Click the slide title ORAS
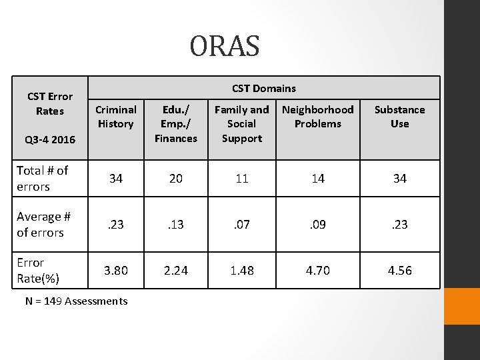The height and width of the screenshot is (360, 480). [225, 47]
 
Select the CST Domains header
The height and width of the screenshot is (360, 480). [264, 88]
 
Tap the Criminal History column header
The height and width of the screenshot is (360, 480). [116, 117]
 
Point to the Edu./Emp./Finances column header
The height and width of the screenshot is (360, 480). [176, 124]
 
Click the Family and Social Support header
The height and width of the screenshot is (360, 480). [241, 124]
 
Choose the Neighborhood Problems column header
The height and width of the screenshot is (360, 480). [317, 117]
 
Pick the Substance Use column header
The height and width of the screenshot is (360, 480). [399, 117]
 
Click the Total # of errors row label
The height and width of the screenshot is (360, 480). [43, 179]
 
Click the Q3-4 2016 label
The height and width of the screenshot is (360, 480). [49, 141]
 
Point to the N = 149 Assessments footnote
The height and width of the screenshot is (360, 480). [76, 301]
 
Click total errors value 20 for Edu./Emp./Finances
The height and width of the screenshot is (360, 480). [176, 179]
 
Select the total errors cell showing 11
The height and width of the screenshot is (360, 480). [241, 179]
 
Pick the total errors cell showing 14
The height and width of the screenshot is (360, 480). [317, 179]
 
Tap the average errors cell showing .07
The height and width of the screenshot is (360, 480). [241, 225]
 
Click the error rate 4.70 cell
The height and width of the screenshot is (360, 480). [317, 270]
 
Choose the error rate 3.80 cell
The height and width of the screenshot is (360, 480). [116, 270]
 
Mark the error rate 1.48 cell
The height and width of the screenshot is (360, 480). [241, 270]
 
